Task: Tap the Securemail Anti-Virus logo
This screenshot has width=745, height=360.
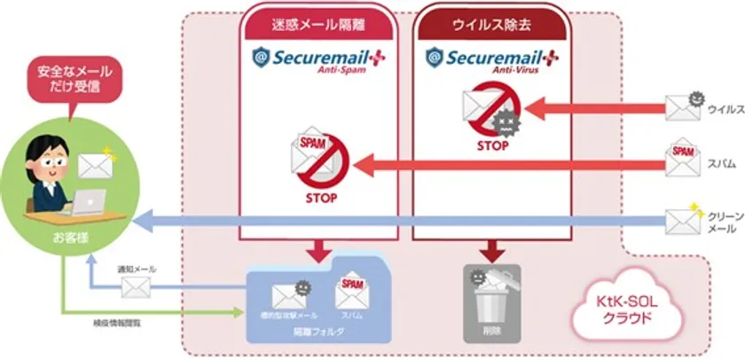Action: click(x=491, y=61)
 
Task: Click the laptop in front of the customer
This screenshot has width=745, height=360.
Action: click(x=89, y=202)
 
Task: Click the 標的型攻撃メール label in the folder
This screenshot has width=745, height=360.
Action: click(x=288, y=317)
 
